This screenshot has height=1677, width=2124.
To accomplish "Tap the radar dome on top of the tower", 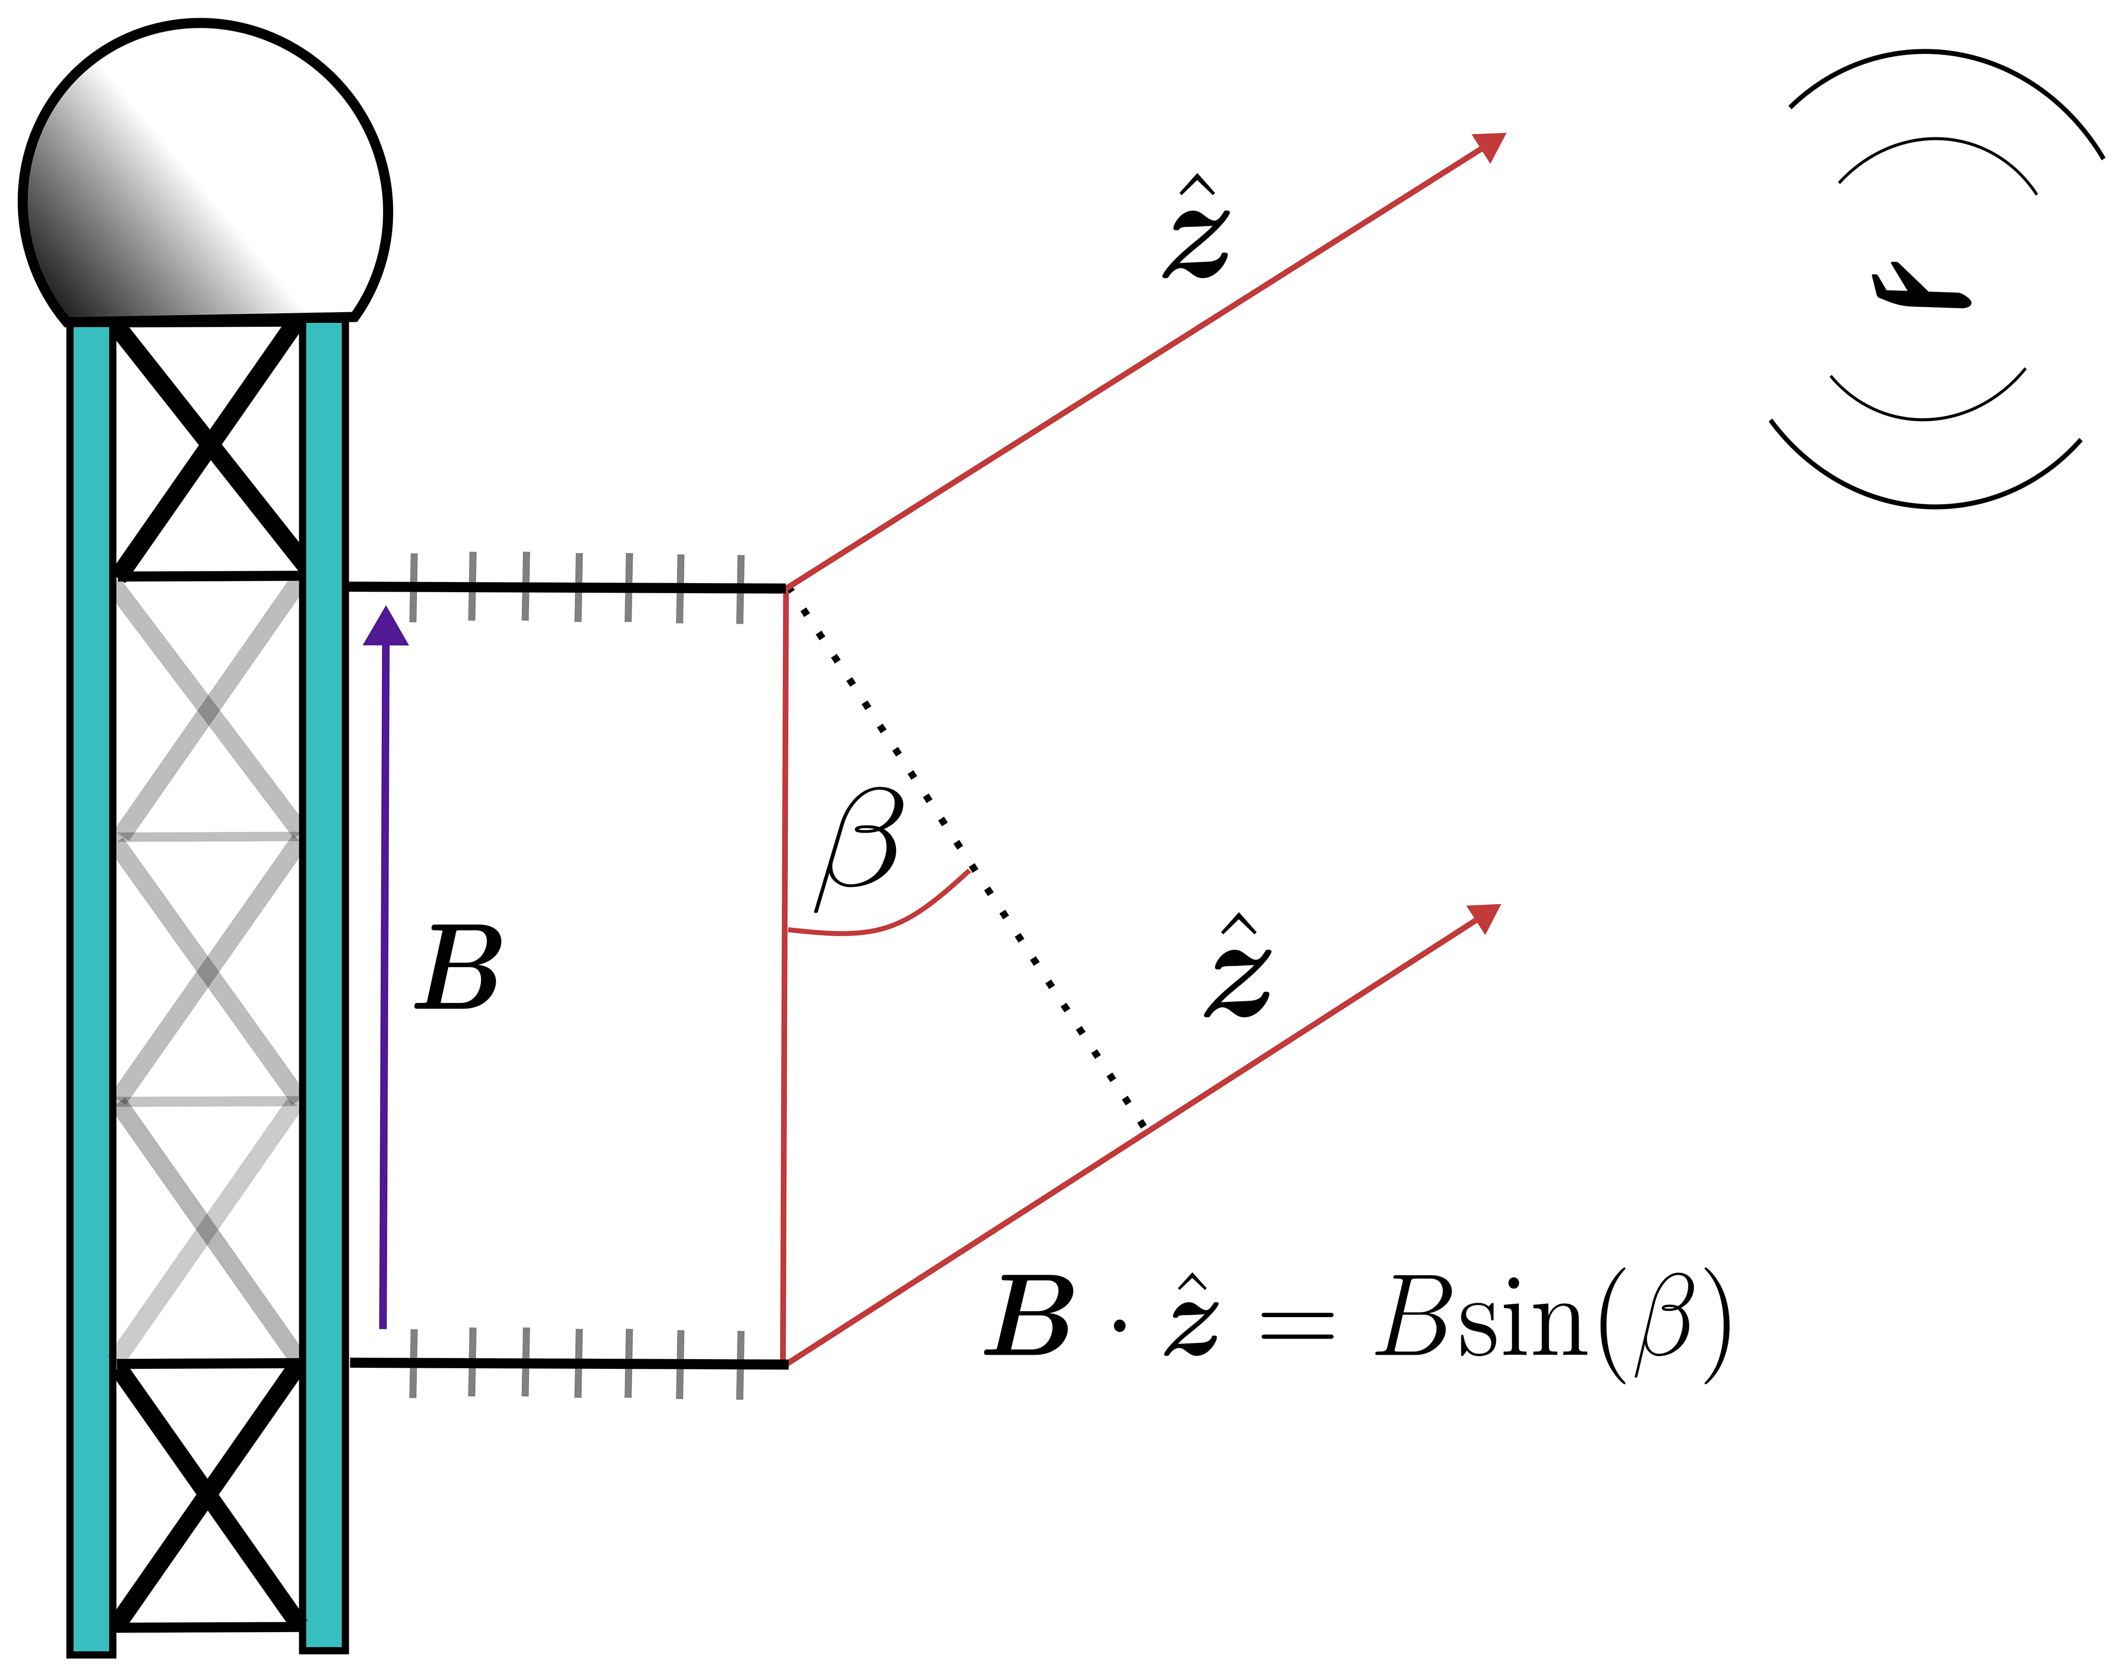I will click(x=204, y=177).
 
